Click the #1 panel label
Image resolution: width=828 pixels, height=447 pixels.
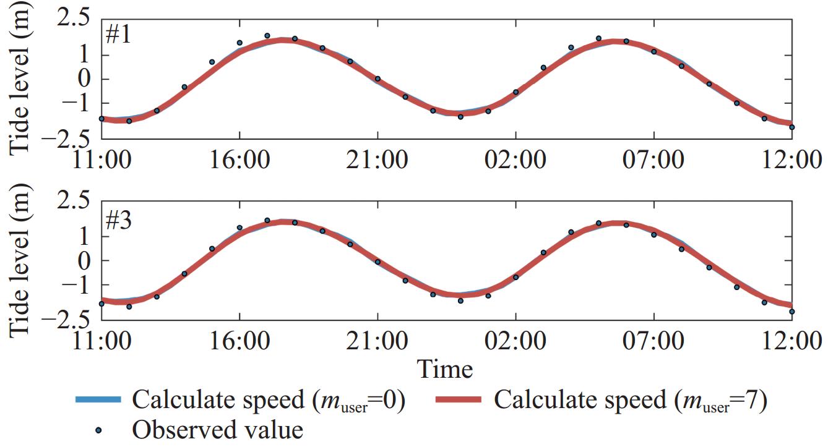click(118, 35)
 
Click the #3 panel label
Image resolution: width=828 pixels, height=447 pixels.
click(118, 220)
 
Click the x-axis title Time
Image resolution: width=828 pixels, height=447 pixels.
click(446, 369)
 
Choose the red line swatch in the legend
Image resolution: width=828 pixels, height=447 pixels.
click(458, 401)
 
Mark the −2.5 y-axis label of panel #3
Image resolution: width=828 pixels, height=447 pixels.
click(67, 320)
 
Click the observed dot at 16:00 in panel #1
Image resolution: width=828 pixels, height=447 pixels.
click(239, 43)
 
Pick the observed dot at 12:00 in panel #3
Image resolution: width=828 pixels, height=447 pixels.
click(792, 312)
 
